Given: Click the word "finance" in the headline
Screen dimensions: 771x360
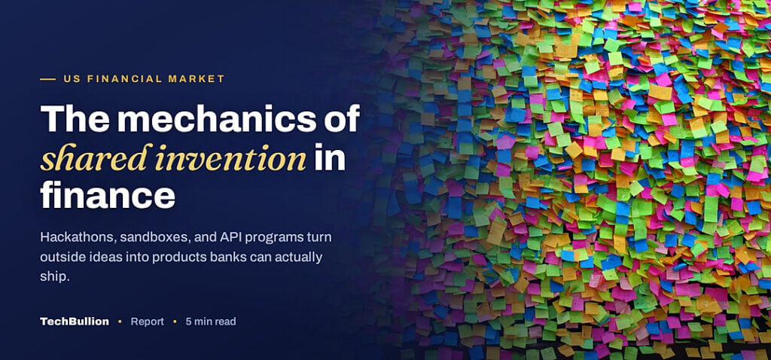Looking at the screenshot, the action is [108, 195].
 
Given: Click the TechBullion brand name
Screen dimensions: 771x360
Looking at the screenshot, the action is [75, 322].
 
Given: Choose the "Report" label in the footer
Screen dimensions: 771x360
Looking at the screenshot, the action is [147, 322].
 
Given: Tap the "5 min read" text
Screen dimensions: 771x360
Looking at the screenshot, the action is [211, 322].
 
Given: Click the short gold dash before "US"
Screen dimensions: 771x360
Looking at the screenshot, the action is [47, 78].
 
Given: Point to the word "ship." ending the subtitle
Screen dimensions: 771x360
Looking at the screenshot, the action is [55, 277].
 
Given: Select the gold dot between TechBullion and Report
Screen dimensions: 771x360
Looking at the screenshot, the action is [120, 322].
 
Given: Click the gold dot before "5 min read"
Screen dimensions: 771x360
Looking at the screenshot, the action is [175, 322].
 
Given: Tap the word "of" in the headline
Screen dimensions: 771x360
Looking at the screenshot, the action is [343, 118].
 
